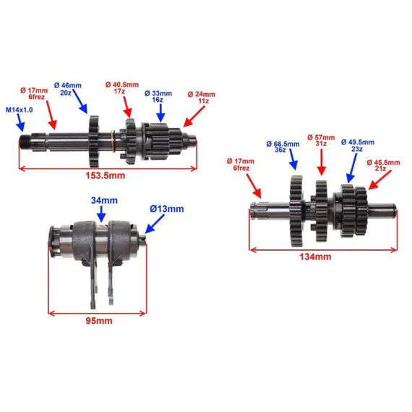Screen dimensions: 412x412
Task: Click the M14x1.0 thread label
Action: coord(20,110)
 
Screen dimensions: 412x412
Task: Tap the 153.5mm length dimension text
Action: coord(106,176)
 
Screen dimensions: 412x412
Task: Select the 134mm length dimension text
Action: coord(315,257)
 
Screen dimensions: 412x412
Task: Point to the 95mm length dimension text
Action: coord(99,321)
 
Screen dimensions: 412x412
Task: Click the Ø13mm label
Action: coord(167,209)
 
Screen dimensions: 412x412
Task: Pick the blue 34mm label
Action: coord(104,200)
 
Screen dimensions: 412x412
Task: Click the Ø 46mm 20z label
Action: coord(67,89)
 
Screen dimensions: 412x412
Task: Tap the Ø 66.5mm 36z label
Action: coord(283,147)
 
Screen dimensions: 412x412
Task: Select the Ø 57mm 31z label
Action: coord(321,140)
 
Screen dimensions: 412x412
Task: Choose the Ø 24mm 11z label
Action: coord(202,98)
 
